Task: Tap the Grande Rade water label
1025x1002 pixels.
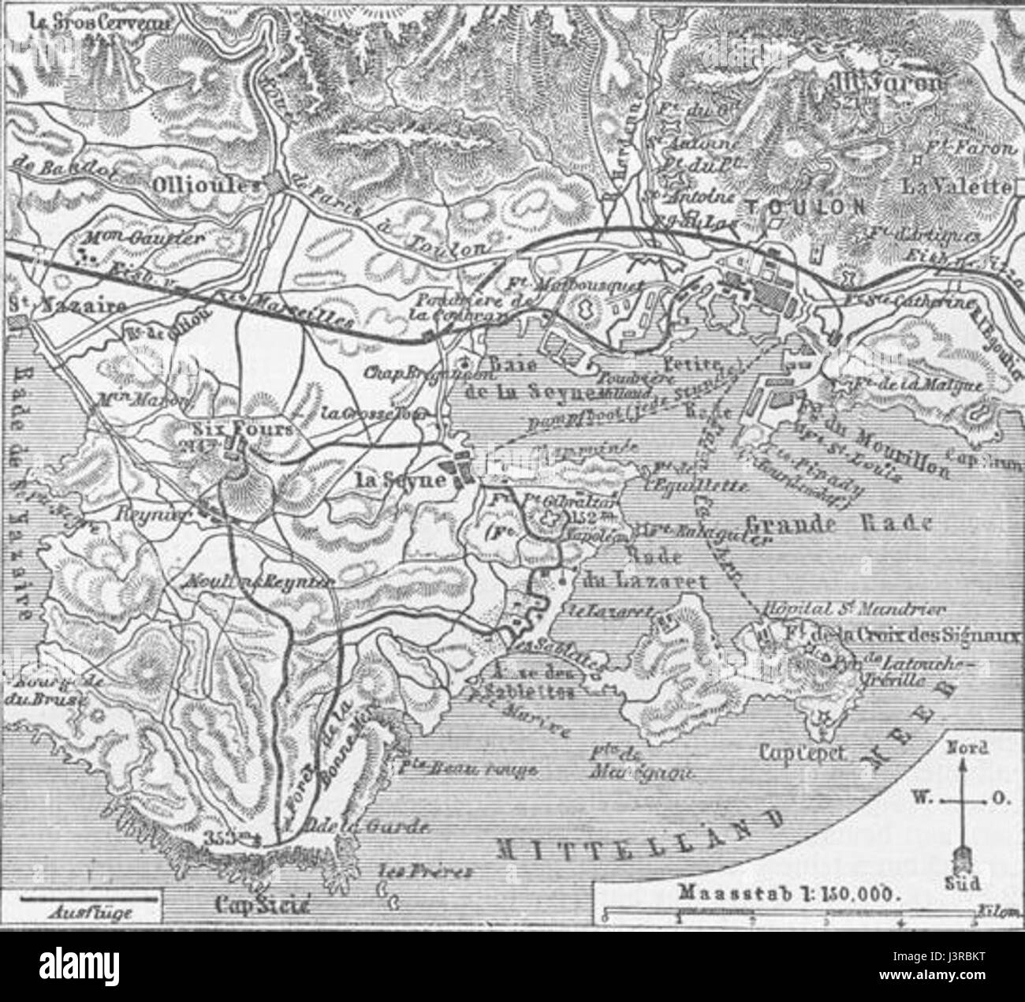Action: pos(838,522)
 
